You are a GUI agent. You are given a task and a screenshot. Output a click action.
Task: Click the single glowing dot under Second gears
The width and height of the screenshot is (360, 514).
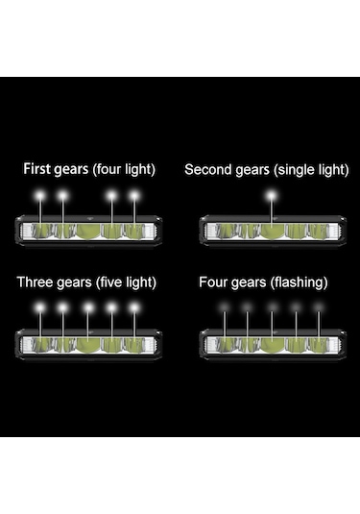pyautogui.click(x=272, y=195)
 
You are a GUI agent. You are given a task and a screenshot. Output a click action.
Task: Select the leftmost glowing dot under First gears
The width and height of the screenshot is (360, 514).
pyautogui.click(x=40, y=195)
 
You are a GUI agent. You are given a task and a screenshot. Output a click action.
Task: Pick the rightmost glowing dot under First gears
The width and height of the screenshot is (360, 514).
pyautogui.click(x=134, y=195)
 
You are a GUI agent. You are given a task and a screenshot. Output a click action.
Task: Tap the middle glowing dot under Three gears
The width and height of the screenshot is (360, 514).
pyautogui.click(x=87, y=307)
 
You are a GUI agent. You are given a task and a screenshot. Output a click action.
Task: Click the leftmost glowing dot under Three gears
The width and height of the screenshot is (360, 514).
pyautogui.click(x=40, y=307)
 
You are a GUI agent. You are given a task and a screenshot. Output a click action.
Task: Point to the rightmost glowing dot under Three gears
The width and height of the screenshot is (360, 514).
pyautogui.click(x=134, y=307)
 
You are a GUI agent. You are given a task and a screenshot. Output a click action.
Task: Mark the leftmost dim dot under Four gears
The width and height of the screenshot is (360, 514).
pyautogui.click(x=225, y=307)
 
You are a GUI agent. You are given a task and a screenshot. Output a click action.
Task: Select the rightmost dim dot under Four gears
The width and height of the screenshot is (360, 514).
pyautogui.click(x=319, y=307)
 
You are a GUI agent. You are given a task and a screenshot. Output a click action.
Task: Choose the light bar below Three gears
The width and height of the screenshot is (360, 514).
pyautogui.click(x=88, y=343)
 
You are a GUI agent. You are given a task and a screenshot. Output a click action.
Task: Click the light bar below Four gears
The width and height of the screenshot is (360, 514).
pyautogui.click(x=272, y=343)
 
